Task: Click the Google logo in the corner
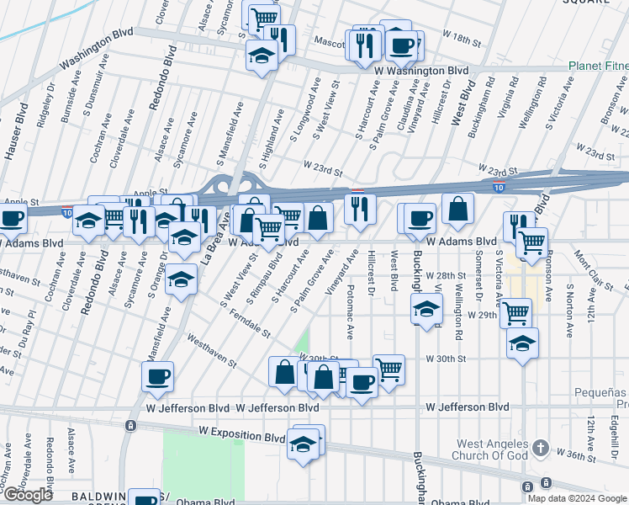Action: tap(28, 495)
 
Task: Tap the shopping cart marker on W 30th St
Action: tap(388, 368)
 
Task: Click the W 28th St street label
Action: tap(445, 275)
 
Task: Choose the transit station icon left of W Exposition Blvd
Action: tap(129, 426)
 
